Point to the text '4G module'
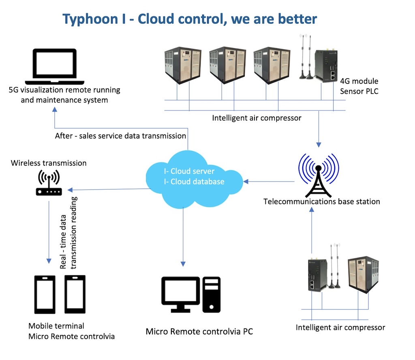pos(359,81)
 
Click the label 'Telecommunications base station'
pos(321,201)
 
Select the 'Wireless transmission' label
pos(49,163)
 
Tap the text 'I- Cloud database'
pos(194,182)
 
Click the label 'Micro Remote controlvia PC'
pos(199,332)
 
